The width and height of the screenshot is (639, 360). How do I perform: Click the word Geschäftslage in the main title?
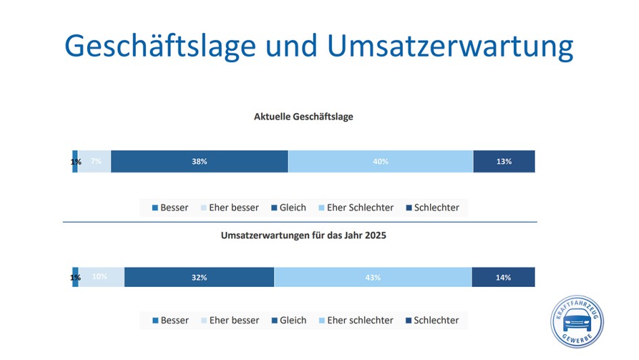click(x=160, y=45)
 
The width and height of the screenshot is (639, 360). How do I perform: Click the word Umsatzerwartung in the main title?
click(x=450, y=45)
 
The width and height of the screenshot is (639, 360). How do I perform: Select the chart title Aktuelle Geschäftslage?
click(x=303, y=116)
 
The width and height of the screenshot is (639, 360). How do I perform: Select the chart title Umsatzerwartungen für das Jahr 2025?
click(x=304, y=236)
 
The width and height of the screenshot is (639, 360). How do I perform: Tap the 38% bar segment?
click(x=199, y=162)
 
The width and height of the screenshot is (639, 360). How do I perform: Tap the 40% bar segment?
click(x=380, y=162)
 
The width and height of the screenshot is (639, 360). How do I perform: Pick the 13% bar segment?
click(x=504, y=162)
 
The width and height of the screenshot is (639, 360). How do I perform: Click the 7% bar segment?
click(x=95, y=162)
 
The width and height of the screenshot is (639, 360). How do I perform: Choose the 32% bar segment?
click(x=199, y=277)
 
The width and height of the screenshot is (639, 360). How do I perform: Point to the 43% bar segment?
click(x=373, y=277)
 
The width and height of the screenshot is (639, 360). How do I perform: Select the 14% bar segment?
click(x=503, y=277)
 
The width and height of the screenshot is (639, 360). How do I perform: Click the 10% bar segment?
click(x=101, y=277)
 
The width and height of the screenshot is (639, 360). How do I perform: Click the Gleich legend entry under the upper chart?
click(x=288, y=208)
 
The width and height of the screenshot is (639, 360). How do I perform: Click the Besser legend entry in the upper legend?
click(x=170, y=208)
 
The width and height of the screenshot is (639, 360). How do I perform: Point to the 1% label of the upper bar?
click(x=76, y=162)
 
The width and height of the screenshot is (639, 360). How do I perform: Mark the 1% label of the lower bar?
click(x=76, y=277)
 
